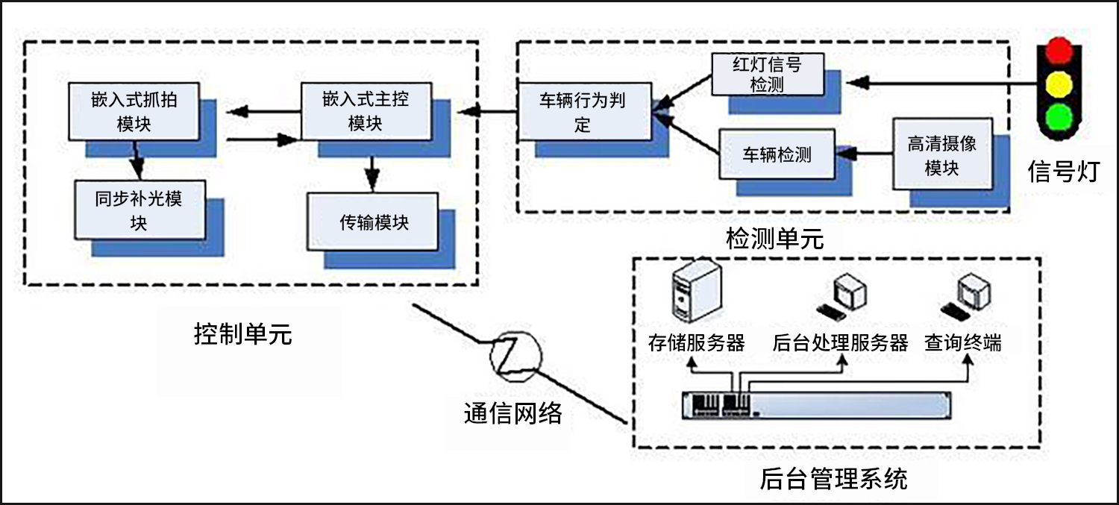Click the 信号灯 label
tap(1063, 172)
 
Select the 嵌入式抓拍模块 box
tap(134, 110)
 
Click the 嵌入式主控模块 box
tap(365, 110)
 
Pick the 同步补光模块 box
tap(139, 210)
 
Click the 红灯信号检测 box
tap(767, 74)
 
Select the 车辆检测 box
tap(776, 155)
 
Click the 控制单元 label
tap(242, 334)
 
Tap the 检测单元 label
tap(774, 239)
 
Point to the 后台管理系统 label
tap(833, 478)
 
